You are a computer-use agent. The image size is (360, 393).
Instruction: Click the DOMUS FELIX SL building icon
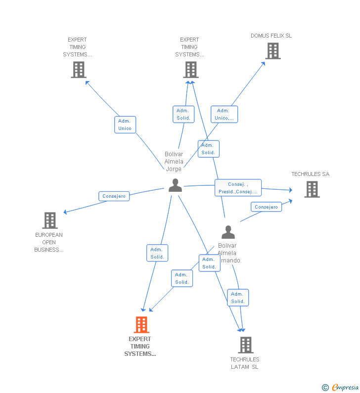pos(272,51)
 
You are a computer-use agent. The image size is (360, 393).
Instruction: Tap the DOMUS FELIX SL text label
pos(271,36)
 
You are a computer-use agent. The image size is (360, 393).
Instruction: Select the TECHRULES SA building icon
pos(312,189)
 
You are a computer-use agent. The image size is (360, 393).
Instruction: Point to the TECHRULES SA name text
pos(310,174)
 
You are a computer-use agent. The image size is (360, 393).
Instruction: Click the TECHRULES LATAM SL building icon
pos(245,345)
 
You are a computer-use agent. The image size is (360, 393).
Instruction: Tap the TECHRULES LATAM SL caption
pos(244,363)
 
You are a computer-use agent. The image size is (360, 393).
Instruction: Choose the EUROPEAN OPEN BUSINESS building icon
pos(49,220)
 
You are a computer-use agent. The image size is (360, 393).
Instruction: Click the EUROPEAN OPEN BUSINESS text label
pos(49,242)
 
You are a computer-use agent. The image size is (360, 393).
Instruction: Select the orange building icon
pos(141,325)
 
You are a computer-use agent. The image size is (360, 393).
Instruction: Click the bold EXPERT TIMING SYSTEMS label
pos(140,347)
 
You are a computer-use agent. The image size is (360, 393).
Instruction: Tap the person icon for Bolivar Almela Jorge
pos(175,185)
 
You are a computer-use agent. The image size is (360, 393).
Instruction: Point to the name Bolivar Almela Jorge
pos(174,162)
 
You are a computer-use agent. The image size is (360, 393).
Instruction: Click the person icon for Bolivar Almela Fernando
pos(228,232)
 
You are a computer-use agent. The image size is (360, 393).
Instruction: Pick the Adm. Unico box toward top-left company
pos(125,125)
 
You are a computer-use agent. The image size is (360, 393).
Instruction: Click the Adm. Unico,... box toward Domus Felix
pos(224,114)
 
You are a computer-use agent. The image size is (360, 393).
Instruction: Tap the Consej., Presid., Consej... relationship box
pos(238,188)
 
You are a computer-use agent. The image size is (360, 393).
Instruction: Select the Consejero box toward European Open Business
pos(114,196)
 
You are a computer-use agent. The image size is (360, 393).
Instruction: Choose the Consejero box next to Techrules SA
pos(266,207)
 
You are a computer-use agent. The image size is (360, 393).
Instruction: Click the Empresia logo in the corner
pos(341,388)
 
